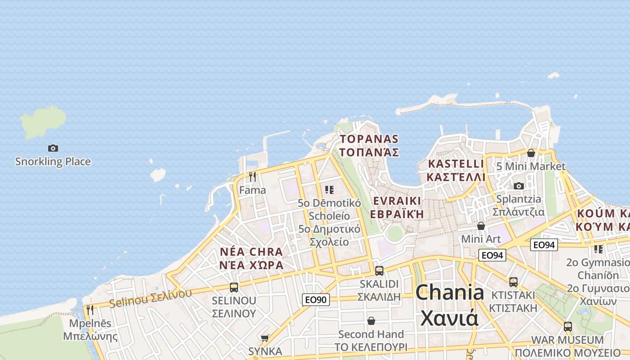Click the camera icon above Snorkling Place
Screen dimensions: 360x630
coord(53,148)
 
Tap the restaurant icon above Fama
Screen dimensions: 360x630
coord(252,177)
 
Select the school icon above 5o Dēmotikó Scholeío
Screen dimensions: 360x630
coord(329,190)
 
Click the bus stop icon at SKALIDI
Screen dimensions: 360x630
coord(379,270)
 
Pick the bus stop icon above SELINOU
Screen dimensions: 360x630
coord(234,287)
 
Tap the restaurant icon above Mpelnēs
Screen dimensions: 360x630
coord(90,310)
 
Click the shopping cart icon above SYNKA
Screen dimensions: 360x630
coord(265,337)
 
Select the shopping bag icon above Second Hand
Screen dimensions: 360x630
coord(371,321)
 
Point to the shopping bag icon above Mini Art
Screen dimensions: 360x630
coord(481,225)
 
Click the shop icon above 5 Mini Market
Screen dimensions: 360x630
coord(531,153)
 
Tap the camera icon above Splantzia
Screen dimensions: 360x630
coord(519,186)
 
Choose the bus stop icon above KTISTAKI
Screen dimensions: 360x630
coord(513,282)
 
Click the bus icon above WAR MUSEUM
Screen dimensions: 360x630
coord(568,326)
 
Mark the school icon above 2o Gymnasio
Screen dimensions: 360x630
coord(598,249)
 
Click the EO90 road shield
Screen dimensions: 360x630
coord(316,300)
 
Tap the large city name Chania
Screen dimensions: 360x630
coord(450,292)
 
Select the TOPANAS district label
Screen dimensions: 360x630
coord(369,139)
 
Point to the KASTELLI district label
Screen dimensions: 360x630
coord(456,164)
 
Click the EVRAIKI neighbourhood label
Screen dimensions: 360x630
coord(396,201)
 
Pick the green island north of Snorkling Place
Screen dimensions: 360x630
coord(43,121)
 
